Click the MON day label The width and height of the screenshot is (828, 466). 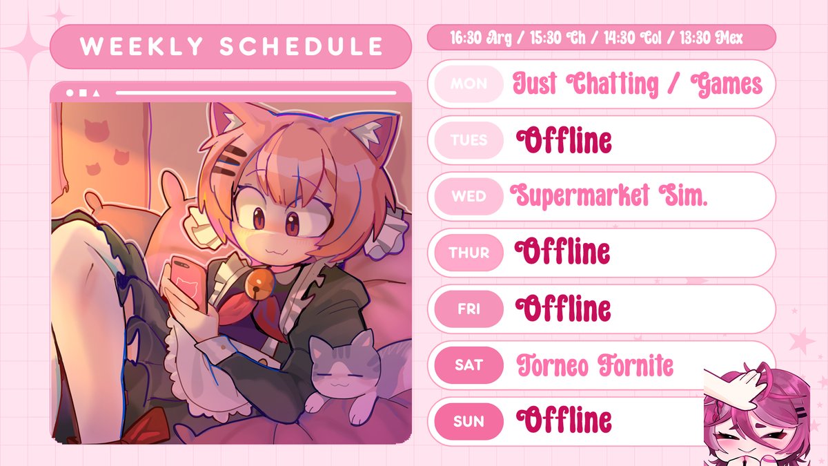[x=469, y=84]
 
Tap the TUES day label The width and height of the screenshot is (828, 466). [x=469, y=140]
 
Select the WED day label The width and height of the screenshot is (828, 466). [x=469, y=196]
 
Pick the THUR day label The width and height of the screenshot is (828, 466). [x=469, y=253]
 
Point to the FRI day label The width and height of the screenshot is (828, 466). [x=469, y=309]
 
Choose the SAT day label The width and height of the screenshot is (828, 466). [x=469, y=365]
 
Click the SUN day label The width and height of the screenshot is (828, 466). [x=469, y=420]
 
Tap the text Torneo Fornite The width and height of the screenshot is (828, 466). [x=595, y=365]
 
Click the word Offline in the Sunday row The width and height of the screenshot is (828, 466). [x=564, y=420]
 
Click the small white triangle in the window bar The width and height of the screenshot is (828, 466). [x=95, y=93]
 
